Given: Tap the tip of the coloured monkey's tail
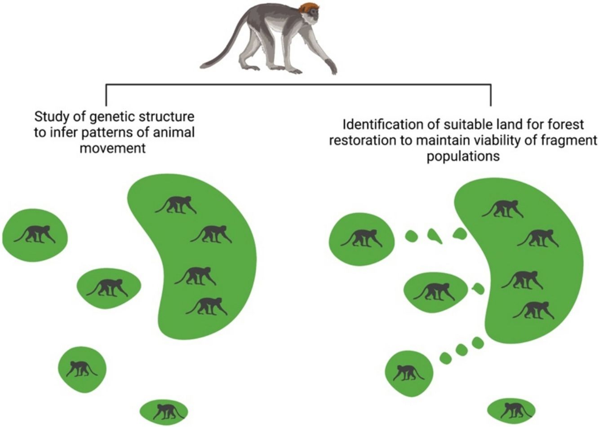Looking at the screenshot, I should click(203, 65).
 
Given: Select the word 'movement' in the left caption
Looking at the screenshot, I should click(113, 148).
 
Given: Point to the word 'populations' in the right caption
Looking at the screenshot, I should click(463, 157).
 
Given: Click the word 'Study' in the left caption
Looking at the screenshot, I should click(50, 117).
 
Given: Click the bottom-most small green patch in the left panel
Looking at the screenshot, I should click(163, 410).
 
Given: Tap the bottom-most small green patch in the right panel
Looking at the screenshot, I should click(511, 409).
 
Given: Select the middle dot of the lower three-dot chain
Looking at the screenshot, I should click(461, 350).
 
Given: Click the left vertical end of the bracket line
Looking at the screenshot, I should click(106, 95).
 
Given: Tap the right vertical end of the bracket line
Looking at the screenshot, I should click(491, 95).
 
